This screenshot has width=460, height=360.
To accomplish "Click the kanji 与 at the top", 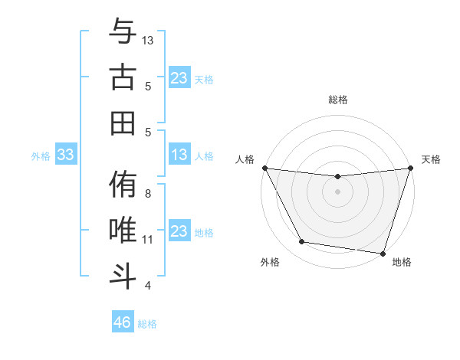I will [x=123, y=32].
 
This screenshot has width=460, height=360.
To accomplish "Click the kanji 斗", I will [x=123, y=275].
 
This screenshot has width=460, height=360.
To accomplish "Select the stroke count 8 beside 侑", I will [x=148, y=194].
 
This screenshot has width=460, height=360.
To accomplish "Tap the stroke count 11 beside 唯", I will [x=148, y=240].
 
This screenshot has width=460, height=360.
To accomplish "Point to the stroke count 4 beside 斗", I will [x=148, y=286].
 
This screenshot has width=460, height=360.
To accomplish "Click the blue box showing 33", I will [x=65, y=155].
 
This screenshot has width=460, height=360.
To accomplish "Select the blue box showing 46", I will [x=122, y=322].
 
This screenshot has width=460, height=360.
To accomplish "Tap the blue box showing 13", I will [x=179, y=155].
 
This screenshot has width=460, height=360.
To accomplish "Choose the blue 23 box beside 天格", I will [x=179, y=78].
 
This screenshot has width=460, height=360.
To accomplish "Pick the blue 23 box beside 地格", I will [x=179, y=231].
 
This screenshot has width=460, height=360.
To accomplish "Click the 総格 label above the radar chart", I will [x=337, y=100].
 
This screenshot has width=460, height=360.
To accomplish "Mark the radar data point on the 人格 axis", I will [x=264, y=168].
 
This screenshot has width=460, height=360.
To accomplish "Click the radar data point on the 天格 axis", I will [x=410, y=168].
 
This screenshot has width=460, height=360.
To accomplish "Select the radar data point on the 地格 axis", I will [x=383, y=253].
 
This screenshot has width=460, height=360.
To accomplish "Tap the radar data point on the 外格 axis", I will [x=301, y=242].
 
